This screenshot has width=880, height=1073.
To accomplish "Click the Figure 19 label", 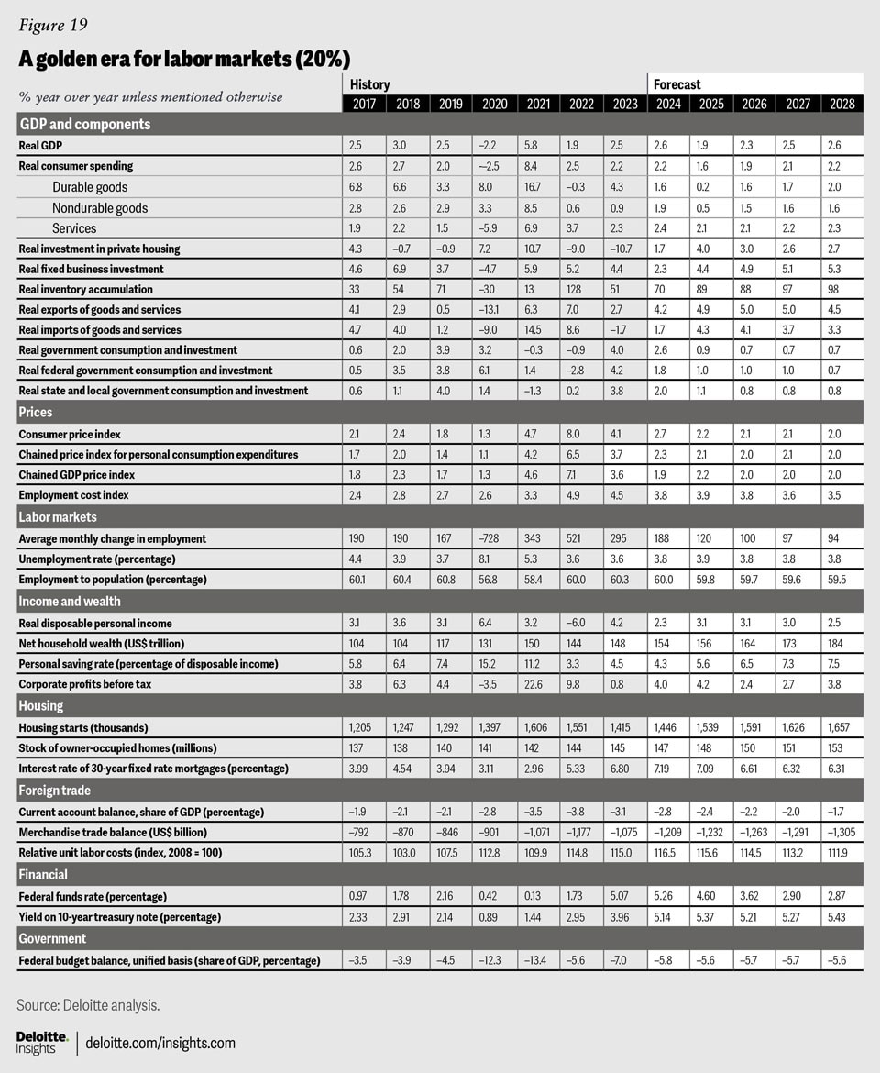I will pos(51,24).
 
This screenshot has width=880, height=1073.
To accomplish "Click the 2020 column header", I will pos(493,103).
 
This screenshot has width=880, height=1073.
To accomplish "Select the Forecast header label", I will pos(676,84).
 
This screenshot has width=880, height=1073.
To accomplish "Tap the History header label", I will pos(369,84).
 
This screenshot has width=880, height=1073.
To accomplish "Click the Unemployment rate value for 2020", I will pos(493,559).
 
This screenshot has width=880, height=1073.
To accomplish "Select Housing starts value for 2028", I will pos(841,727).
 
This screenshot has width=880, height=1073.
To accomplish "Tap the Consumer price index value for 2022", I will pos(580,434).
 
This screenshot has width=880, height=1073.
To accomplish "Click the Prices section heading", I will pos(36,413).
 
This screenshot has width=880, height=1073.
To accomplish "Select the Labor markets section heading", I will pos(57,517).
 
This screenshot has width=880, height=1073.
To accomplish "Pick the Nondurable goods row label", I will pos(100,208).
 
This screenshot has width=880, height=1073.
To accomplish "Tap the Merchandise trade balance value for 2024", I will pos(668,832).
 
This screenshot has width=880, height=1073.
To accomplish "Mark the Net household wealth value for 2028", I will pos(841,643).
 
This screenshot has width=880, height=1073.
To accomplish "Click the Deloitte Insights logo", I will pos(42,1042).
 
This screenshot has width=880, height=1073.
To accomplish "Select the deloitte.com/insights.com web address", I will pos(160,1043).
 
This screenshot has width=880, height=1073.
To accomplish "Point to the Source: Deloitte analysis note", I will pos(88,1005).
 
